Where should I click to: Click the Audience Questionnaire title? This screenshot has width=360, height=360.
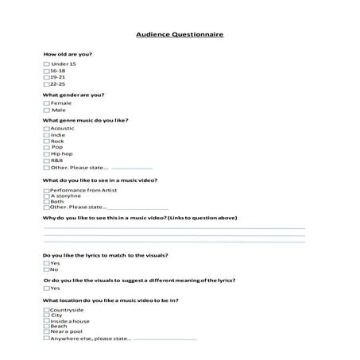pyautogui.click(x=180, y=36)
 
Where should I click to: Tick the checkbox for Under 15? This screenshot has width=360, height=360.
pyautogui.click(x=46, y=64)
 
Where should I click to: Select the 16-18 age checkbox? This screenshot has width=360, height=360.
pyautogui.click(x=46, y=70)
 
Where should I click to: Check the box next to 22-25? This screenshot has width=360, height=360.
pyautogui.click(x=46, y=83)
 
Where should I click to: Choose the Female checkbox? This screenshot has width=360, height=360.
pyautogui.click(x=46, y=103)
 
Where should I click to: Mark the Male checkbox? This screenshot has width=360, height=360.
pyautogui.click(x=46, y=110)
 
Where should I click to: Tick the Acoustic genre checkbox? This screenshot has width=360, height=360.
pyautogui.click(x=46, y=128)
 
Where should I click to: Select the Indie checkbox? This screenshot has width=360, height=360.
pyautogui.click(x=46, y=135)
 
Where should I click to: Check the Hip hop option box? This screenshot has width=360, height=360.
pyautogui.click(x=46, y=154)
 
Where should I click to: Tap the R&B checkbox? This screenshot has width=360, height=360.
pyautogui.click(x=46, y=161)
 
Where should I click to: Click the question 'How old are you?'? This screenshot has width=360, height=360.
pyautogui.click(x=68, y=54)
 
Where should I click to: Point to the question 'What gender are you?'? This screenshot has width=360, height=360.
pyautogui.click(x=74, y=95)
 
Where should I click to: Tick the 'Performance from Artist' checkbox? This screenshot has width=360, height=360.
pyautogui.click(x=46, y=190)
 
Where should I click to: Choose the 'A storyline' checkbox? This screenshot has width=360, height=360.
pyautogui.click(x=46, y=195)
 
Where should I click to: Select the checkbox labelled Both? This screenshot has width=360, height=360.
pyautogui.click(x=46, y=201)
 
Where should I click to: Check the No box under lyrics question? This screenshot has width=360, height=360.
pyautogui.click(x=46, y=269)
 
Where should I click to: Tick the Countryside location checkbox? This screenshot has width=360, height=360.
pyautogui.click(x=46, y=309)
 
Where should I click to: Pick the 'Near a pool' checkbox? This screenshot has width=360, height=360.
pyautogui.click(x=46, y=331)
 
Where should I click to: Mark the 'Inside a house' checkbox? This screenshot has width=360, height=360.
pyautogui.click(x=46, y=320)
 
